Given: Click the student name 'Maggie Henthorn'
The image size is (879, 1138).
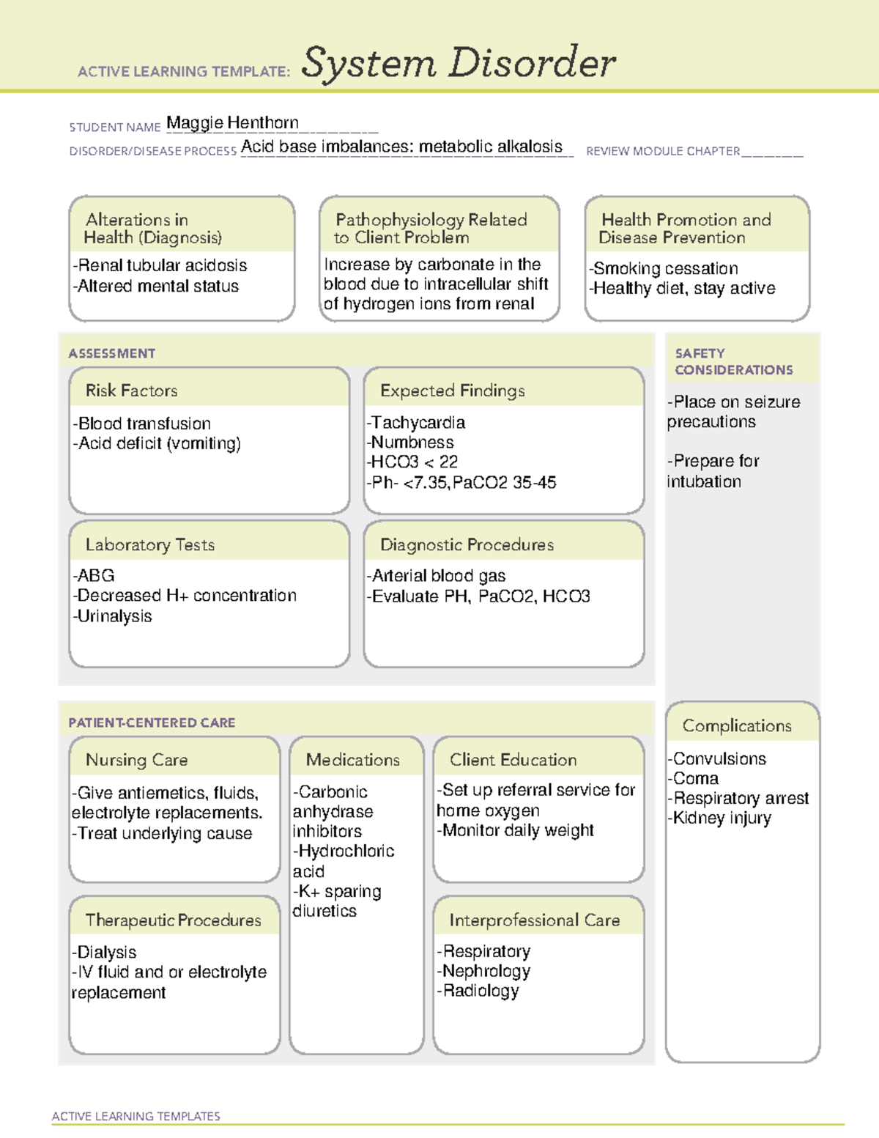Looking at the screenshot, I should coord(232,122).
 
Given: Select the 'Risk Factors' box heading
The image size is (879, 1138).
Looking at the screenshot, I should coord(131,391).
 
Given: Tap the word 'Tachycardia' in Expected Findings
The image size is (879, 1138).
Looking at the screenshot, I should coord(418,423).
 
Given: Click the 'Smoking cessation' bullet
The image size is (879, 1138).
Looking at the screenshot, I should coord(664,268).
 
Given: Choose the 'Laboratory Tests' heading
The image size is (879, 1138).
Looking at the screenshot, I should coord(149,544).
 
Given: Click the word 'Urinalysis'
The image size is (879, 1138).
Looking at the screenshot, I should coord(114,616).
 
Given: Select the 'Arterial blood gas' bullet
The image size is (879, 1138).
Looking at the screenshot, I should coord(437,576).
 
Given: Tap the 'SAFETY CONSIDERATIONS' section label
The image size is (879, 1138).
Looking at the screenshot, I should coord(733,361).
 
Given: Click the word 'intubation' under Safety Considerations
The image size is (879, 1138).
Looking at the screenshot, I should coord(704,482).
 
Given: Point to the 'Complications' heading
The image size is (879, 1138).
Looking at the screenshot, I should coord(737,725).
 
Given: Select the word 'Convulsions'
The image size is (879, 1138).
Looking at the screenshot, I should coord(719,759).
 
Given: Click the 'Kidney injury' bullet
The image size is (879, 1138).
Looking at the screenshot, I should coord(721,819).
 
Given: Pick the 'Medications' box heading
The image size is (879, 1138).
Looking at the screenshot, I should coord(353,760).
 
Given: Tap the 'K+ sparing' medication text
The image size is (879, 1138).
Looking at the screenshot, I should coord(339,892).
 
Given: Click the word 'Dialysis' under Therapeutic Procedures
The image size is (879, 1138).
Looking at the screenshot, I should coord(106,952).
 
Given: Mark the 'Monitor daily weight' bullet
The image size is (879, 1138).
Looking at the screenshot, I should coord(516,830).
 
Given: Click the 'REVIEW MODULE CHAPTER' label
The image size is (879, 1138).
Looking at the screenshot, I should coord(663,151).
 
